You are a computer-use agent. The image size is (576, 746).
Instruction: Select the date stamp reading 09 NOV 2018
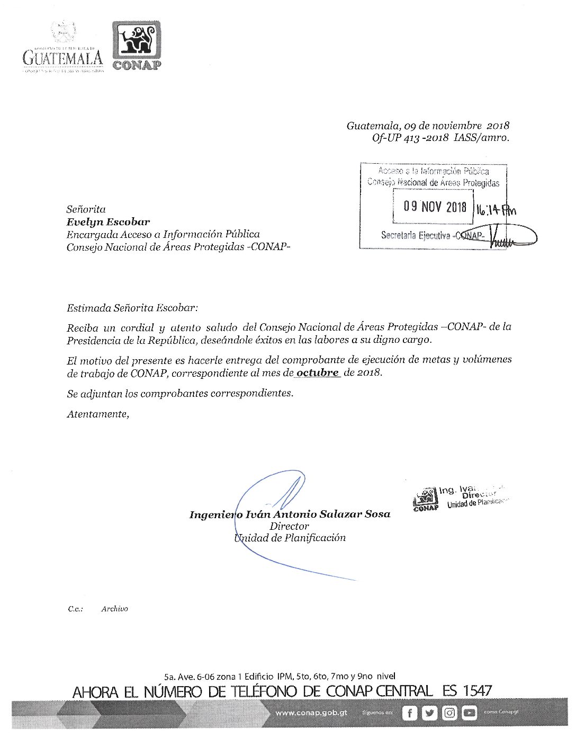click(435, 207)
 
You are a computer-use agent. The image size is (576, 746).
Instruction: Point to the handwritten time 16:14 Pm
click(495, 210)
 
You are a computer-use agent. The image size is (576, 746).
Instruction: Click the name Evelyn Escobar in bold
click(108, 222)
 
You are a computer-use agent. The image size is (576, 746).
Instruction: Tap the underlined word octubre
click(317, 372)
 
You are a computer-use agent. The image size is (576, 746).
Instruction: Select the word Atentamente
click(97, 414)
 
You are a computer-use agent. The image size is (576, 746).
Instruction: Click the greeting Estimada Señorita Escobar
click(132, 308)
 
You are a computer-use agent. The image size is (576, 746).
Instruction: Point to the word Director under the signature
click(289, 526)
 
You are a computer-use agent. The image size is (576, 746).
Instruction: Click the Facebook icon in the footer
click(409, 713)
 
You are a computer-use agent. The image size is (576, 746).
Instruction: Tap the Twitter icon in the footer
click(429, 713)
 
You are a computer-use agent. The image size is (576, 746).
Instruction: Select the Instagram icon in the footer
click(449, 713)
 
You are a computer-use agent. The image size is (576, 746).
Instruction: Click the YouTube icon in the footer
click(469, 713)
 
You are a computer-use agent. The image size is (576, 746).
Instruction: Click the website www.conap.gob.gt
click(311, 713)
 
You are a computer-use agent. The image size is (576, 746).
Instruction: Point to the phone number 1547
click(477, 691)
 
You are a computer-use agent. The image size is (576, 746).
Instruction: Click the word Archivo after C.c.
click(114, 609)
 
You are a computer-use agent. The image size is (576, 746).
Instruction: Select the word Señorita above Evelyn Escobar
click(86, 209)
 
